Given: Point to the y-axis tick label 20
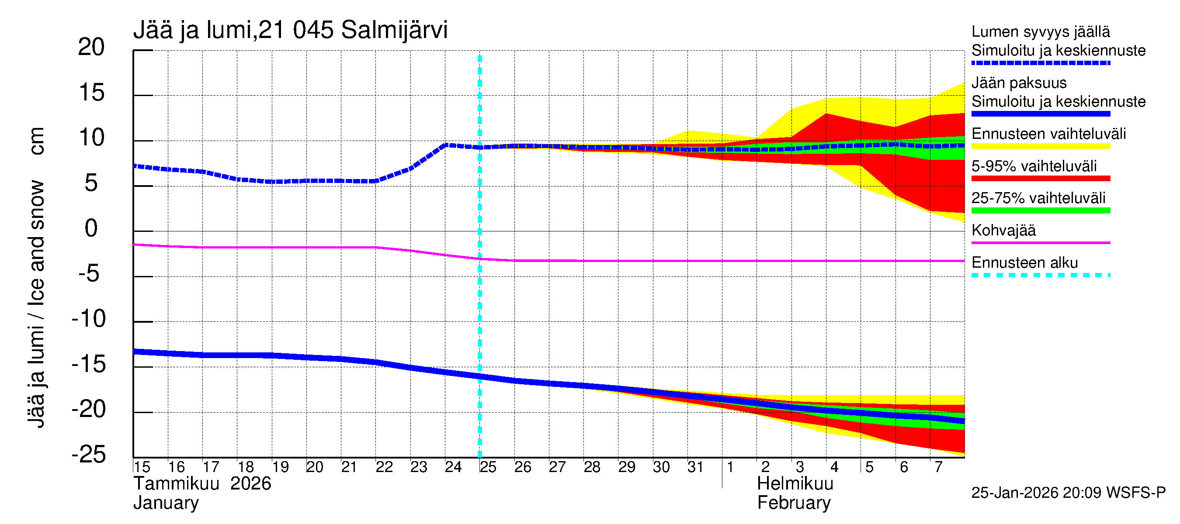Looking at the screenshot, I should (91, 47).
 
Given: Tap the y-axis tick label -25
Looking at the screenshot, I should (89, 455).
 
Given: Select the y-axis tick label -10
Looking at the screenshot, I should (89, 318).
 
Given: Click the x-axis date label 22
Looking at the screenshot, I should (384, 467).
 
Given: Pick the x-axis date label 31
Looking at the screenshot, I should (695, 467).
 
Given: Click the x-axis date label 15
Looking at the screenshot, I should (142, 467).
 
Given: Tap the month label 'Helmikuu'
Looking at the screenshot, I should (795, 483).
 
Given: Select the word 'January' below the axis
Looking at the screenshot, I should (166, 503).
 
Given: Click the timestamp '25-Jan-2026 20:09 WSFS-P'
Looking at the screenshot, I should (1068, 493).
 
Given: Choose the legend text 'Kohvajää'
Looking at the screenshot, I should (1003, 230).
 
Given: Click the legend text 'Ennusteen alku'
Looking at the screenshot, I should (1024, 263).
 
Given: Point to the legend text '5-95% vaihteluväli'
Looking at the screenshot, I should (1034, 166).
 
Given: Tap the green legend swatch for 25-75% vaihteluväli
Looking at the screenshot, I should (1040, 210).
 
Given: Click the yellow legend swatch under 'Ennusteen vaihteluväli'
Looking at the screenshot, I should (1040, 146).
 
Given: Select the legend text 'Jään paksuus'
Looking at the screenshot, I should (1019, 83).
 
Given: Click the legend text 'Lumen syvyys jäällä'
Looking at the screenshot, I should (1040, 31).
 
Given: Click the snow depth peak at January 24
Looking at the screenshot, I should (447, 145).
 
